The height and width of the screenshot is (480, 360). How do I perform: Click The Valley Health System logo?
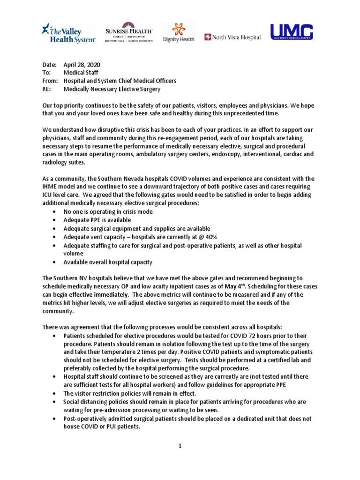(x=68, y=34)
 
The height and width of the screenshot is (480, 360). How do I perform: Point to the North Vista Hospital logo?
(x=232, y=37)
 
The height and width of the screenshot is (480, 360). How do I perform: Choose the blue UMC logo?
(x=291, y=32)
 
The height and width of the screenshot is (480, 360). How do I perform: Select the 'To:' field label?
(x=46, y=73)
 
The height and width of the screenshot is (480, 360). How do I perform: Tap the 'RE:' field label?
(x=46, y=89)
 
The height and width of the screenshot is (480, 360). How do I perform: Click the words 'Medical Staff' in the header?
(x=81, y=73)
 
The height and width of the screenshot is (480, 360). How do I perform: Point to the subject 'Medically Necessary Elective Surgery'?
(x=112, y=89)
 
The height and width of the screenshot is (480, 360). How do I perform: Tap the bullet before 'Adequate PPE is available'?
(x=56, y=220)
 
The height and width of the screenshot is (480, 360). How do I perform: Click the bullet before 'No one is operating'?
(x=56, y=212)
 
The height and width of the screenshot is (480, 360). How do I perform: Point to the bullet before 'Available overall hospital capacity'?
(x=56, y=262)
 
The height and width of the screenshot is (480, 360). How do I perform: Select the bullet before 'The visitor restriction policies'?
(x=56, y=394)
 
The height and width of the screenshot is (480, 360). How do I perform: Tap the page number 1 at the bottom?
(x=180, y=446)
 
